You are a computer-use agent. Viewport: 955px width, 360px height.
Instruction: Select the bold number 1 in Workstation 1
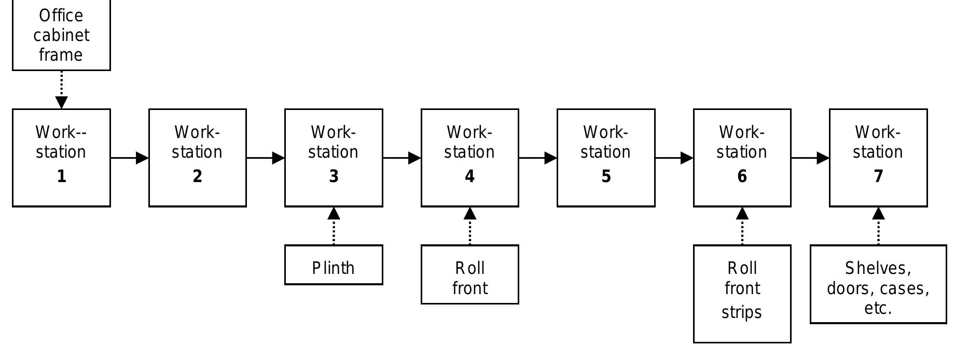[x=61, y=176]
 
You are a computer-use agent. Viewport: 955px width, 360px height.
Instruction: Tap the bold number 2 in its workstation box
[x=197, y=176]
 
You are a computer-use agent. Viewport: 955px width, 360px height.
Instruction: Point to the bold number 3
[x=334, y=176]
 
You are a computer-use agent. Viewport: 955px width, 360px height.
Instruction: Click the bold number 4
[x=469, y=176]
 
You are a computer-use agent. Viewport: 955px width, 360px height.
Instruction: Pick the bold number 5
[x=606, y=176]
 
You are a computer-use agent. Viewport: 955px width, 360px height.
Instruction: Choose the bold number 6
[x=742, y=176]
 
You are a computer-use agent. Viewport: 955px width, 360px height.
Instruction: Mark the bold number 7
[x=878, y=176]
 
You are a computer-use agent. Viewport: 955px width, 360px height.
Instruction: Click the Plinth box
[x=334, y=266]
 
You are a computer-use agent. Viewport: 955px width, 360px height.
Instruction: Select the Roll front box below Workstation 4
[x=469, y=275]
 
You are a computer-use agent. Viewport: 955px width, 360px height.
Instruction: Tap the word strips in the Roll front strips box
[x=742, y=312]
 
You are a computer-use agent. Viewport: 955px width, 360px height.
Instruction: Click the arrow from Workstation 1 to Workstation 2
[x=129, y=158]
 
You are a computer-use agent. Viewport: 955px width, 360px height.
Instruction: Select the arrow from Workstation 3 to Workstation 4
[x=402, y=158]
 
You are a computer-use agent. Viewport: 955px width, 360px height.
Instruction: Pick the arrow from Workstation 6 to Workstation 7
[x=810, y=158]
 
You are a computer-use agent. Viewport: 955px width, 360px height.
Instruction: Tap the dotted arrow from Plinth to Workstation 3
[x=334, y=226]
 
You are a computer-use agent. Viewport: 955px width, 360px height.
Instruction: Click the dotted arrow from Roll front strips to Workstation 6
[x=742, y=226]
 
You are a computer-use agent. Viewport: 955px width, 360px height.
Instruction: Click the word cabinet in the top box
[x=61, y=35]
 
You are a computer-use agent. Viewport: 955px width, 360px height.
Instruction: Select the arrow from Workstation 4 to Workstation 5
[x=537, y=158]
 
